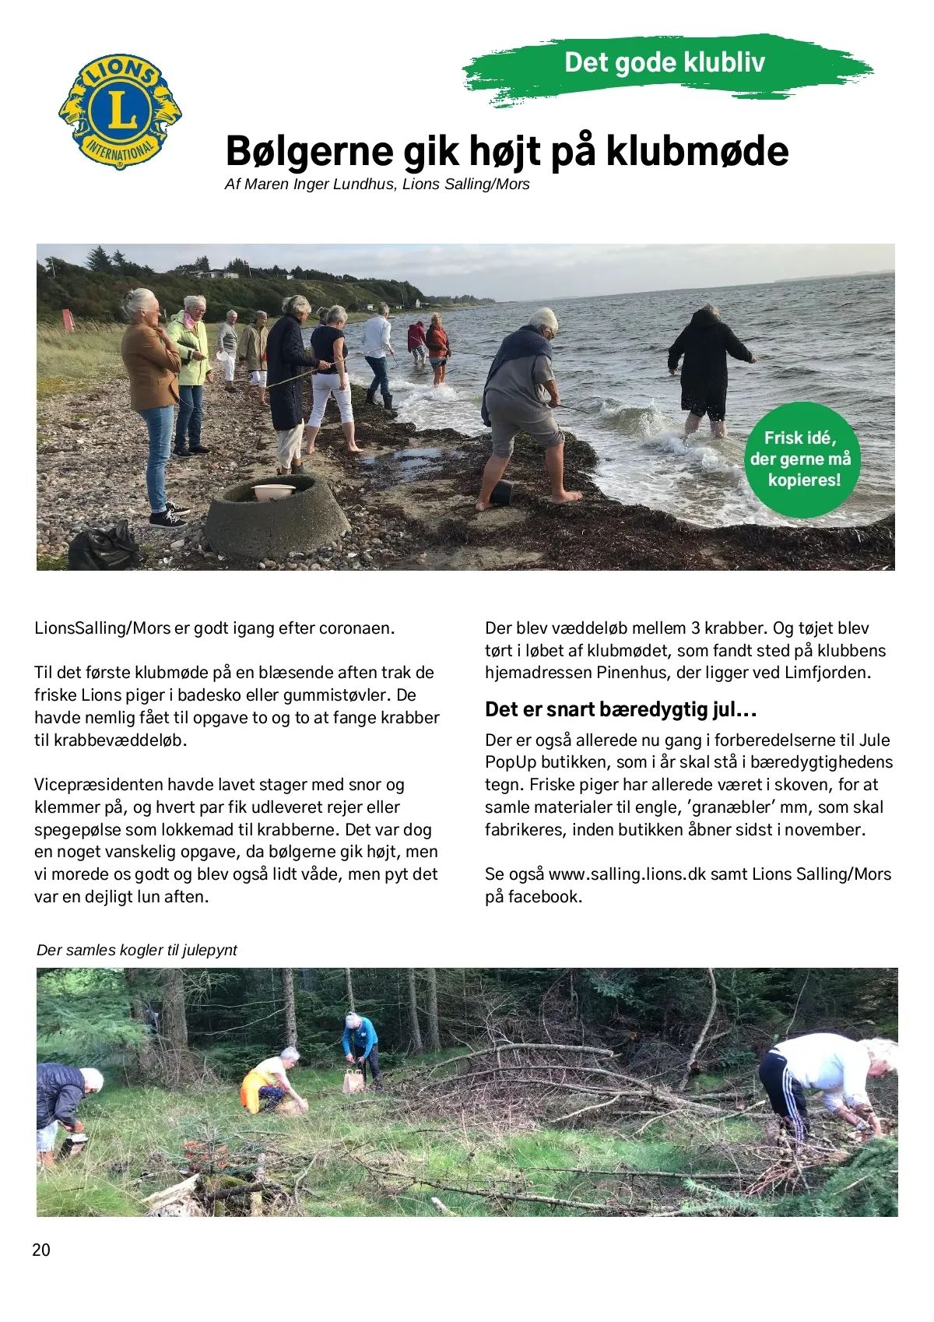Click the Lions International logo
[x=120, y=111]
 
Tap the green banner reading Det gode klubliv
[x=665, y=63]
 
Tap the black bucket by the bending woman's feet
[x=501, y=493]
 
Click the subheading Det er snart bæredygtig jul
[x=620, y=709]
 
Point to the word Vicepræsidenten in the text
[x=93, y=785]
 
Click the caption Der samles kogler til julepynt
[x=137, y=951]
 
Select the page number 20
[x=41, y=1250]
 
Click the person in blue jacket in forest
[x=361, y=1043]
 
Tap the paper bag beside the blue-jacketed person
[x=353, y=1081]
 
